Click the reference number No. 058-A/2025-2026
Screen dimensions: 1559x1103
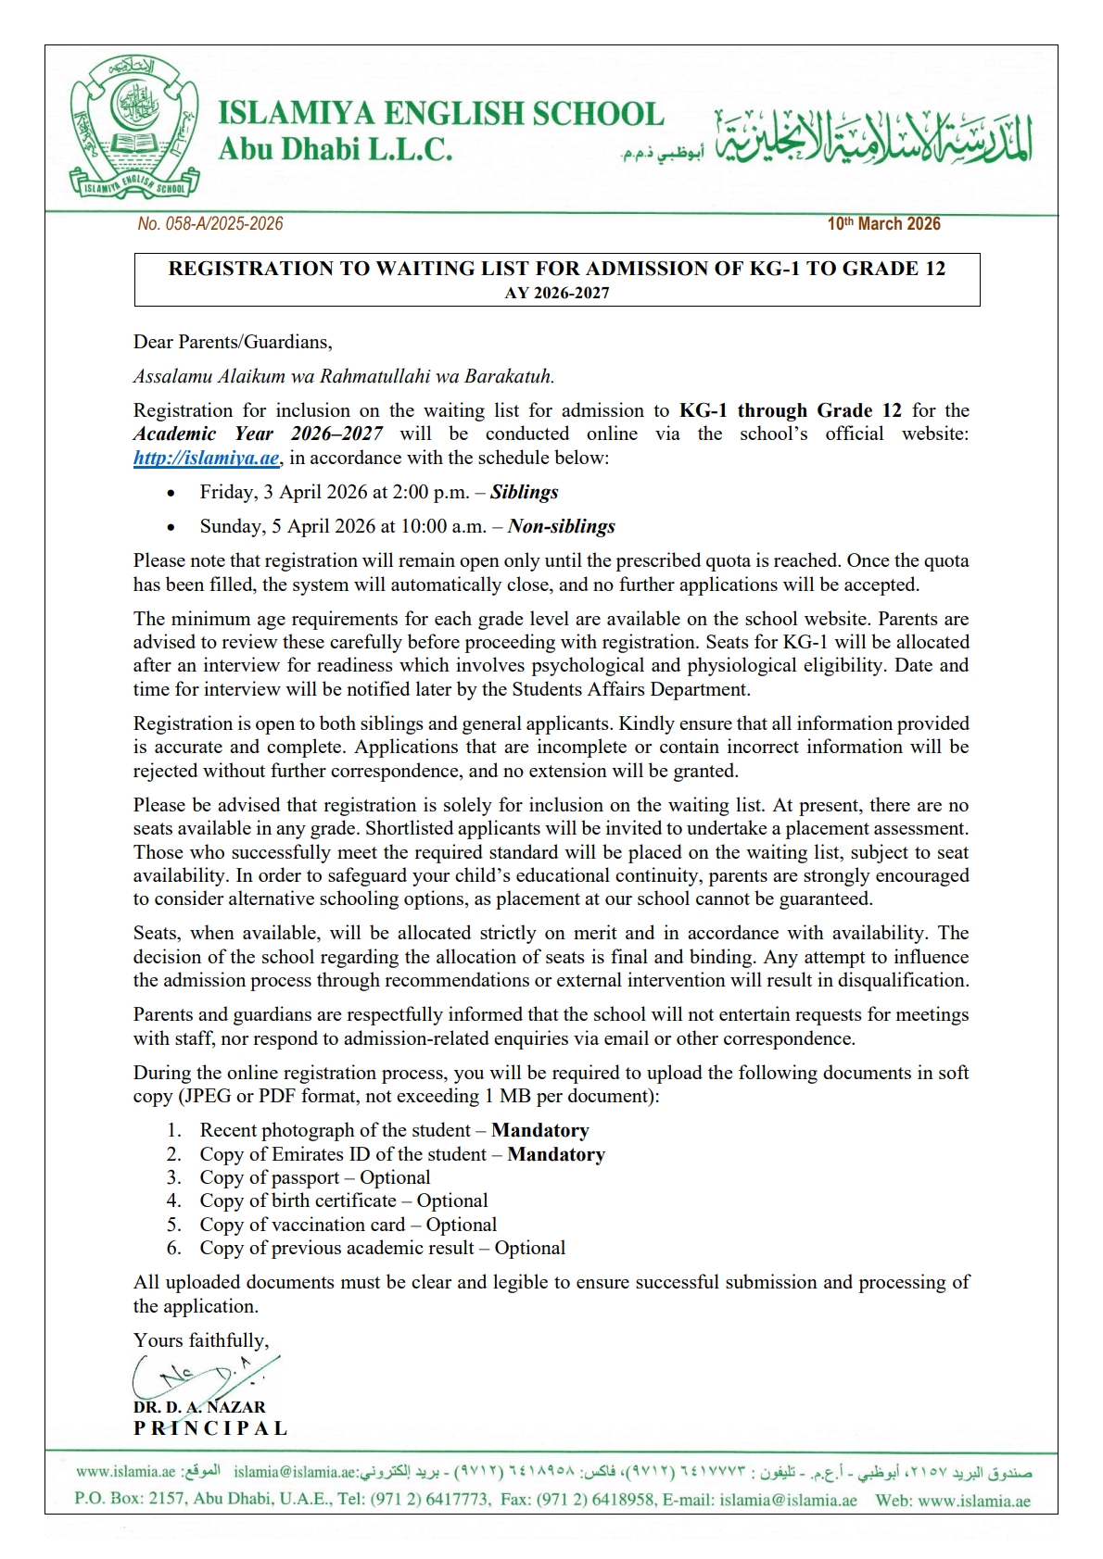[x=210, y=224]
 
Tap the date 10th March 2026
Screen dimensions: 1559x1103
[x=883, y=224]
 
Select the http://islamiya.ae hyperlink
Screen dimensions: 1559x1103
[x=206, y=458]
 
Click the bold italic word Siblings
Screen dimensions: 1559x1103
[x=524, y=492]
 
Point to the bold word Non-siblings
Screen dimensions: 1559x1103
[x=561, y=526]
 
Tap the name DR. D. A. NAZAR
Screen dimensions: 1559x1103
[x=199, y=1407]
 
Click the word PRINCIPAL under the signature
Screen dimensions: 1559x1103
[x=210, y=1428]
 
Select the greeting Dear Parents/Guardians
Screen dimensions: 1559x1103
[x=233, y=342]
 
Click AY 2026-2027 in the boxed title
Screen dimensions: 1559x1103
[x=557, y=293]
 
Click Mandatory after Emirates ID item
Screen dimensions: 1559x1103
[x=556, y=1154]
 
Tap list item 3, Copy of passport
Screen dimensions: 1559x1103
[x=314, y=1177]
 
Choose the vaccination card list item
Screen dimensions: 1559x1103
[x=348, y=1225]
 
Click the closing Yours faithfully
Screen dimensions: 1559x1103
[x=201, y=1340]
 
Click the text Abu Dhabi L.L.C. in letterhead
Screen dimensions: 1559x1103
[x=336, y=148]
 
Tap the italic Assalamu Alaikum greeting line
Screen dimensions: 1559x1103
[x=344, y=376]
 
